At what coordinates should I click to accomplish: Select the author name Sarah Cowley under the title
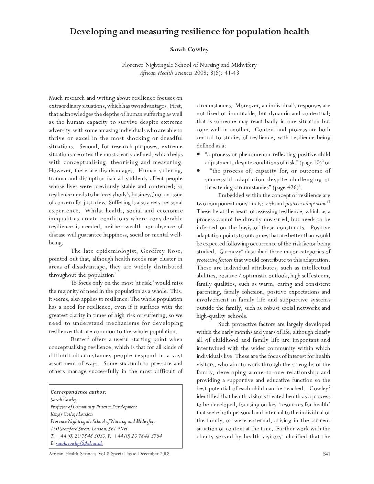point(189,49)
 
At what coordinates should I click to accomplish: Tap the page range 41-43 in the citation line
point(232,73)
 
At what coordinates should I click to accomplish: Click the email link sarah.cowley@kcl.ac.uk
point(79,443)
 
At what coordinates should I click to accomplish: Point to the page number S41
point(327,454)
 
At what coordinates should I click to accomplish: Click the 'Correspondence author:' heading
point(78,392)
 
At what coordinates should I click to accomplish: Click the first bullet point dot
point(198,154)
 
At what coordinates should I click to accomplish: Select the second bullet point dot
point(198,170)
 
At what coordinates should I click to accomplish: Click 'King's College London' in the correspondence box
point(71,414)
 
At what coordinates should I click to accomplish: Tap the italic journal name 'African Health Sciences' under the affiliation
point(166,73)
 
